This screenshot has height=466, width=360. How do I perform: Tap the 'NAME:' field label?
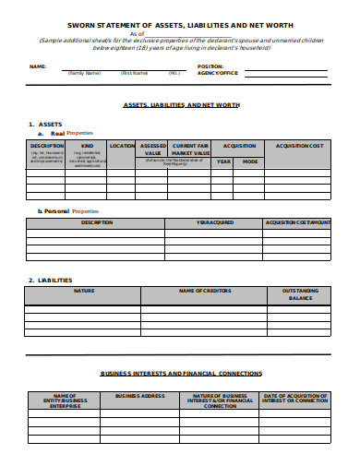coord(38,66)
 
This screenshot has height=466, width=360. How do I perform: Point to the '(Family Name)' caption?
coord(86,73)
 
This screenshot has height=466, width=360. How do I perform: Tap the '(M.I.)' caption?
coord(174,73)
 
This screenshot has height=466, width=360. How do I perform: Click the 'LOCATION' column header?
coord(122,146)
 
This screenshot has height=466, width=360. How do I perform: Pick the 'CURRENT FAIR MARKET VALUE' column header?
coord(191,149)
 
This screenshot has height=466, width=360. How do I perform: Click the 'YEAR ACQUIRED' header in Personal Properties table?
coord(214,222)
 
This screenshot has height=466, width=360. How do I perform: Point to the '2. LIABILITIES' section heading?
coord(50,280)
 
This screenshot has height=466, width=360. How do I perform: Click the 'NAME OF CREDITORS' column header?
coord(203,291)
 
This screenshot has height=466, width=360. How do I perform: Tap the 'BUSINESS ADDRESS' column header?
coord(139,395)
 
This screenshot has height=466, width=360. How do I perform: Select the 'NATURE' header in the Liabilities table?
coord(84,291)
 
